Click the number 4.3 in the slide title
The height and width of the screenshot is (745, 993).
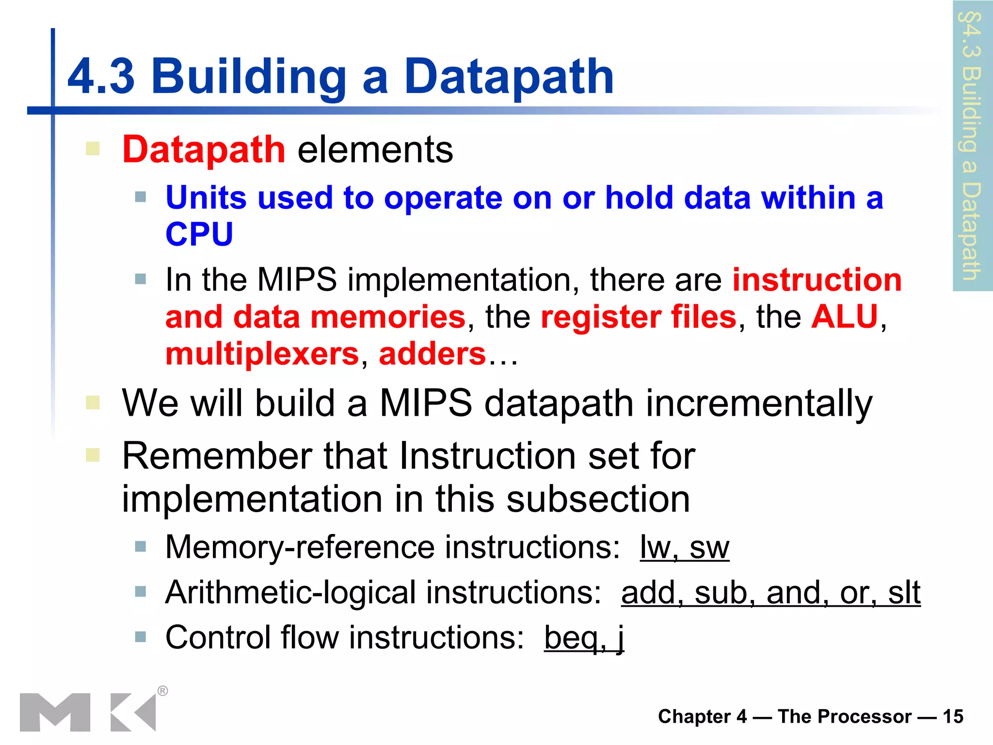pos(101,77)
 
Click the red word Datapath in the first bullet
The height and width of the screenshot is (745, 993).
pos(204,149)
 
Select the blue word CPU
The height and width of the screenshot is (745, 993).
pos(199,234)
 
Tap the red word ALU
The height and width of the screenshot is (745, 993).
pos(845,317)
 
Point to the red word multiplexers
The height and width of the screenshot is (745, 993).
pos(262,354)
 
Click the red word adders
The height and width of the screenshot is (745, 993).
pos(432,354)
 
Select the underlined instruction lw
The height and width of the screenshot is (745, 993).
pos(655,548)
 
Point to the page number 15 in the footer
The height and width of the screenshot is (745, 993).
pos(953,717)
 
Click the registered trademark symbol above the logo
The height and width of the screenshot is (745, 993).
pos(163,691)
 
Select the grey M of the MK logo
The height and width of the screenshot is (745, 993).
pos(55,712)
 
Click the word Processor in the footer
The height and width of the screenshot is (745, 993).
pos(844,717)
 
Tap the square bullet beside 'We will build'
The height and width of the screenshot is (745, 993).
pos(93,403)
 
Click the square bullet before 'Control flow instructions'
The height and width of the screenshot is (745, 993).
pos(141,637)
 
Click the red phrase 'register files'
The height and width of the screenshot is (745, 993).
pos(639,317)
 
